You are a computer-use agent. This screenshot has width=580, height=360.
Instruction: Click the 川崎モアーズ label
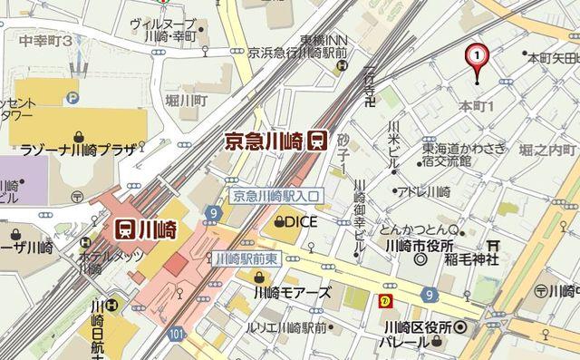tap(292, 293)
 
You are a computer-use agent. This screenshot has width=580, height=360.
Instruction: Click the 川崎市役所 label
tap(418, 246)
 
